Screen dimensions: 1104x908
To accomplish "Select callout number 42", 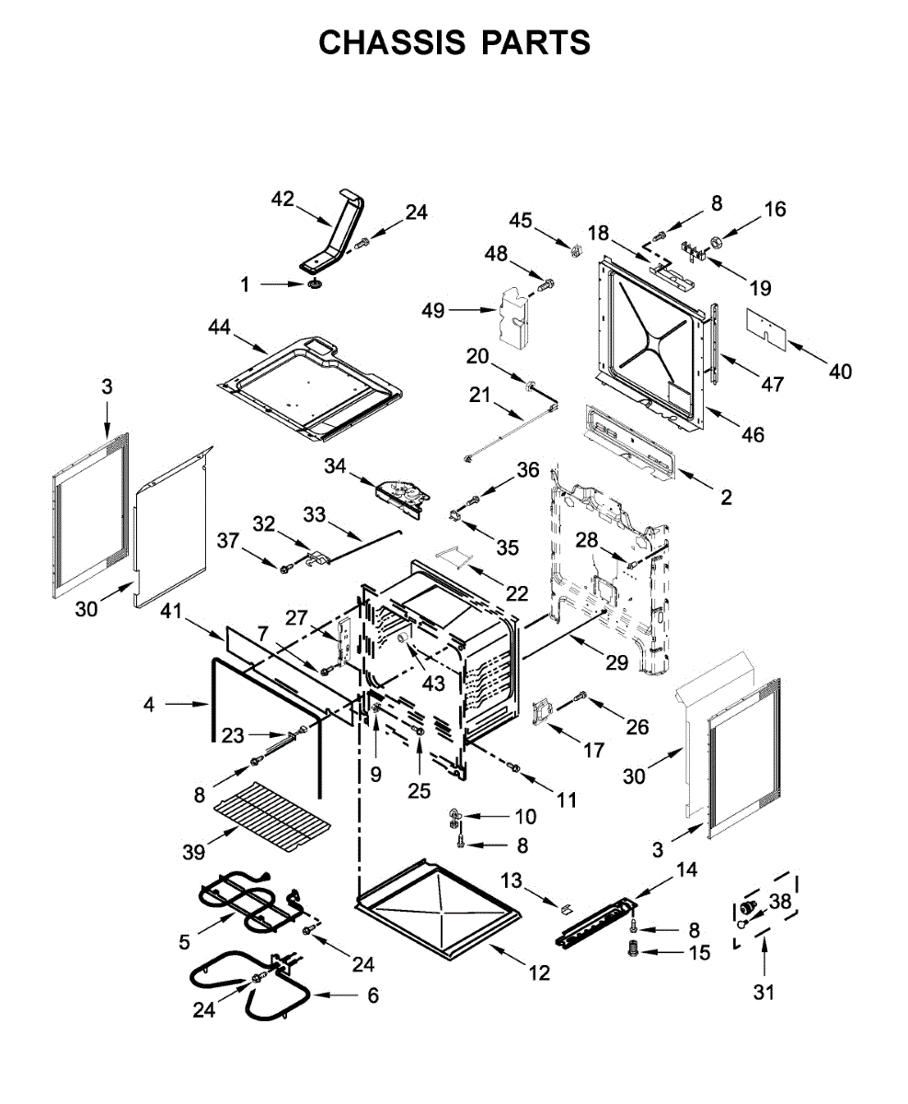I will point(282,199).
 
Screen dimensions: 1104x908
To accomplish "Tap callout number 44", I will point(220,327).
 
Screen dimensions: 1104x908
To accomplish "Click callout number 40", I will point(839,371).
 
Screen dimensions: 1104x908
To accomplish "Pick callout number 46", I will point(753,434).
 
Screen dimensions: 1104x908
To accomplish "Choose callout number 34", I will point(337,468).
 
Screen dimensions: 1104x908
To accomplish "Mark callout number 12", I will point(539,972).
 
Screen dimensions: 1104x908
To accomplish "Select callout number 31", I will point(764,993).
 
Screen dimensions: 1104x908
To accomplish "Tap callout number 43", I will point(432,684).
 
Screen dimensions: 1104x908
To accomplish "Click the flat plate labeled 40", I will point(770,326).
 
